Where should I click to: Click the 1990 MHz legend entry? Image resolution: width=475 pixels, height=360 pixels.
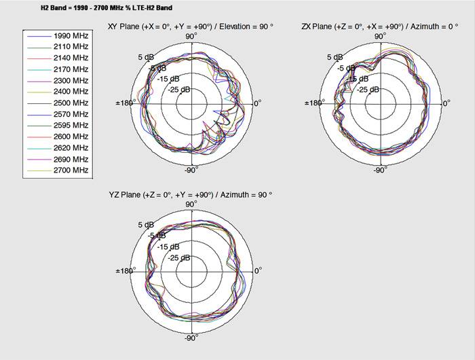point(71,35)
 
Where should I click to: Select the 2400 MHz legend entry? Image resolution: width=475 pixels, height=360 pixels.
point(71,91)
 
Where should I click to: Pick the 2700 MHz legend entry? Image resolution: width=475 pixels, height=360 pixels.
point(71,169)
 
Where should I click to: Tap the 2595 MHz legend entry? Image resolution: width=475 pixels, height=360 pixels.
point(71,125)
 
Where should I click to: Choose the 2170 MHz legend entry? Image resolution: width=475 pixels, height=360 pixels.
point(71,69)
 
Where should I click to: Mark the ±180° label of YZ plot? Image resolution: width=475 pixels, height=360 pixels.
point(126,270)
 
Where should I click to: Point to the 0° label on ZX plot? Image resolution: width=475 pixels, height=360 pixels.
point(446,103)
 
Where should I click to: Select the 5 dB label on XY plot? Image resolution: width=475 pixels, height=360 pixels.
point(145,57)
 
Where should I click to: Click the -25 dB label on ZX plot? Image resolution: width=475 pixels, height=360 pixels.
point(370,89)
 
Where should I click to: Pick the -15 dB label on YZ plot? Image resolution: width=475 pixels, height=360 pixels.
point(169,247)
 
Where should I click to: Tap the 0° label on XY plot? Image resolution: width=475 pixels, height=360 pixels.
point(258,103)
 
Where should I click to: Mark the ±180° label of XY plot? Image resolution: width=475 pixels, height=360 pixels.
point(126,103)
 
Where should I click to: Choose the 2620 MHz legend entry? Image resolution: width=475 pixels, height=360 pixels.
point(71,147)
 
